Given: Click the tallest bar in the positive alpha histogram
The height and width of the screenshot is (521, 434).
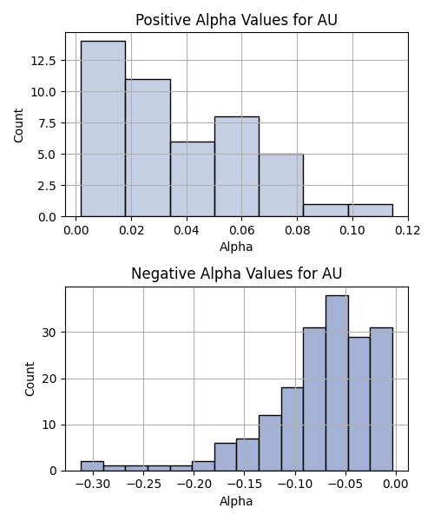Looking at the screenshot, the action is click(103, 129).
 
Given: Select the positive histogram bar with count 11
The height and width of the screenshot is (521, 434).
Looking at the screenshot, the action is click(148, 148).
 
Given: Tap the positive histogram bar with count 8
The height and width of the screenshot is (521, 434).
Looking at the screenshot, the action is click(237, 167).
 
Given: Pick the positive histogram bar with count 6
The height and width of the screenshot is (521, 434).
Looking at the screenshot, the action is click(193, 179).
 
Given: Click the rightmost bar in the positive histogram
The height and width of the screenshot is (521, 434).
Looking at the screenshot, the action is click(371, 211).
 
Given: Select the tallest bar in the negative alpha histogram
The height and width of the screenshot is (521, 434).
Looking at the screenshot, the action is click(337, 383).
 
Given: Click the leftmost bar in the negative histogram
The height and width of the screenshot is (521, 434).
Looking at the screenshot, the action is click(92, 466).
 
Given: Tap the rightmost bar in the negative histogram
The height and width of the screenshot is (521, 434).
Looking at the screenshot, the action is click(382, 399).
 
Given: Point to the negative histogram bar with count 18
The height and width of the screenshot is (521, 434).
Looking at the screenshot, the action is click(293, 429).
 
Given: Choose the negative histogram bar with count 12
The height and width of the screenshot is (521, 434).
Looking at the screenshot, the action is click(270, 443).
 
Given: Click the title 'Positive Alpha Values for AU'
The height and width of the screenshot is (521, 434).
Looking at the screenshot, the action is click(236, 20).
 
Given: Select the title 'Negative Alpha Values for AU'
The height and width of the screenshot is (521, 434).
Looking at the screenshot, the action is click(236, 274).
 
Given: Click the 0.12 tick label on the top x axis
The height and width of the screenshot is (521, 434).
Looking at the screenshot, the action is click(408, 230).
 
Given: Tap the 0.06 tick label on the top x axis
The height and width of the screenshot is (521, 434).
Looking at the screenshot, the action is click(242, 230).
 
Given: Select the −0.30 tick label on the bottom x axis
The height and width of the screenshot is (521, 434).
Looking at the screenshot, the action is click(93, 485).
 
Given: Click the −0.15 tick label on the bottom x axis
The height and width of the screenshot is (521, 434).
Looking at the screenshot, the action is click(245, 485).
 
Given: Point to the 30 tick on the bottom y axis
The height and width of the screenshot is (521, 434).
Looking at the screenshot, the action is click(49, 333).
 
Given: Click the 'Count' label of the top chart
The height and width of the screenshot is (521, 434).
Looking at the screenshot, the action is click(18, 125).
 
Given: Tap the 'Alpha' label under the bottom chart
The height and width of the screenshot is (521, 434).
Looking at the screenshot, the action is click(236, 501).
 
